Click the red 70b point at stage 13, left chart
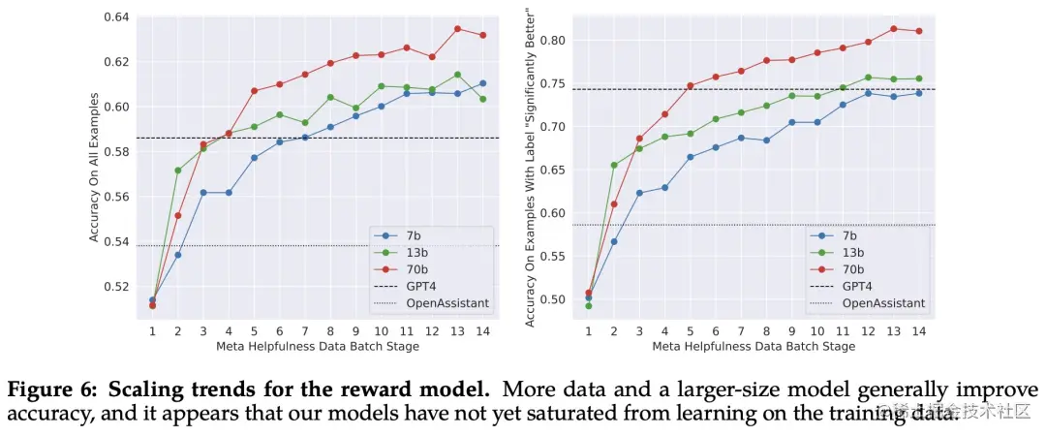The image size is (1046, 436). [x=457, y=29]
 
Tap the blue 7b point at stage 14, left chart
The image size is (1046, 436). [x=483, y=83]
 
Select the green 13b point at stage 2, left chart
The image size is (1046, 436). [x=178, y=171]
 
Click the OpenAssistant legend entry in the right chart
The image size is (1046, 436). [x=882, y=303]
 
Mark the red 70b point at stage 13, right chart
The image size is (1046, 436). [x=893, y=29]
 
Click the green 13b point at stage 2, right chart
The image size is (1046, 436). [x=614, y=165]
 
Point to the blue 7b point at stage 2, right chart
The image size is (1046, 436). [x=614, y=241]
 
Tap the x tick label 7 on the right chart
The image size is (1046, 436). [x=741, y=331]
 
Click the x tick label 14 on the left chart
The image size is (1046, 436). [x=483, y=331]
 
